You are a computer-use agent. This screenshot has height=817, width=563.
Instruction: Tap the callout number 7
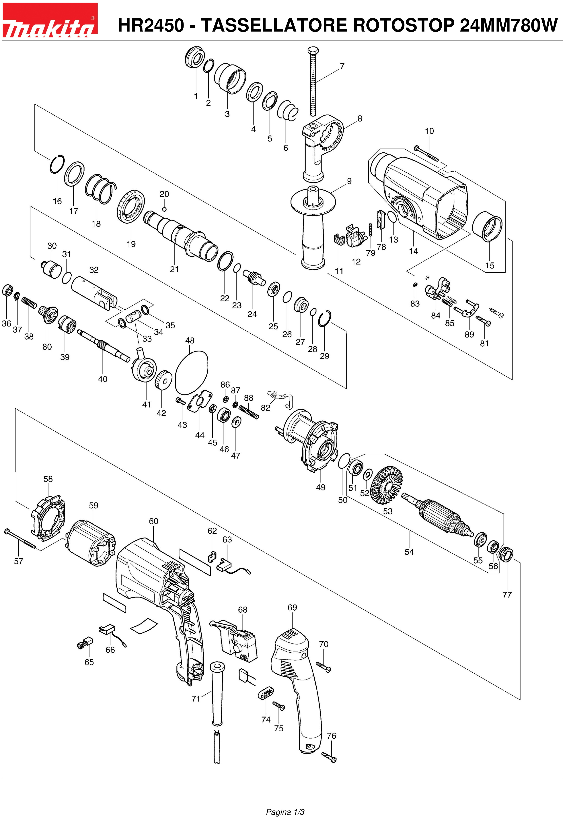[342, 66]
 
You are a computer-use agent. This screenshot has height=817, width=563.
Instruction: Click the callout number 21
[174, 269]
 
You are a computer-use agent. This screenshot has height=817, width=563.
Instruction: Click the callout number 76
[331, 736]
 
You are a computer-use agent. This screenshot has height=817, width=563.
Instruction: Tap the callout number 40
[103, 379]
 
